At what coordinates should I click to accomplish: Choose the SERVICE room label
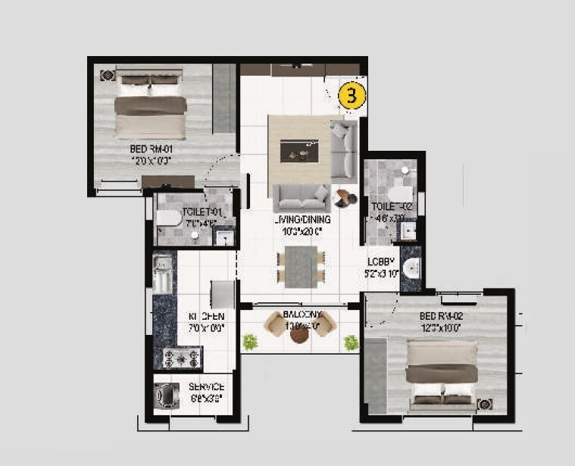[206, 387]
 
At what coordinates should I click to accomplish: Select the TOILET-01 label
[200, 212]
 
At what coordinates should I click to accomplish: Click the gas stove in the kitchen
[180, 356]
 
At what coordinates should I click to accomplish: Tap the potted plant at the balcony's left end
[249, 342]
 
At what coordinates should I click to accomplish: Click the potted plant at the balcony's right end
[351, 342]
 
